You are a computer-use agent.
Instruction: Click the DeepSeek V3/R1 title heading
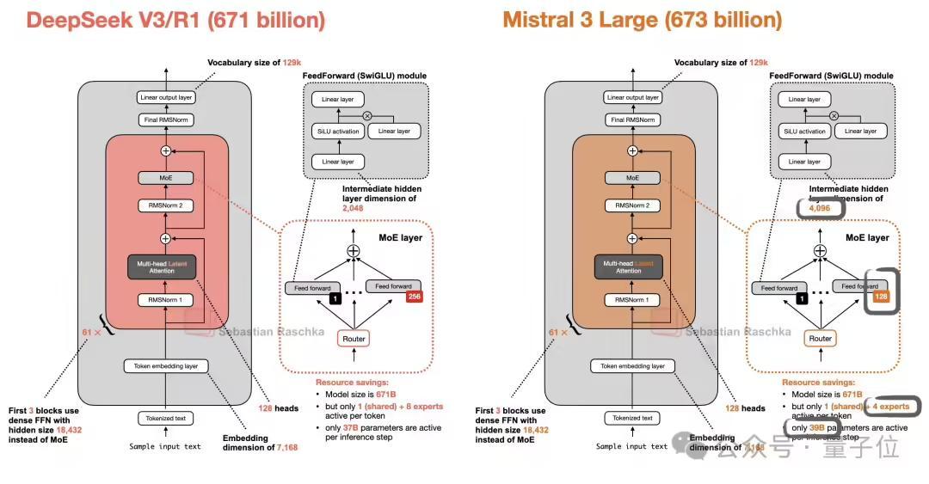[176, 20]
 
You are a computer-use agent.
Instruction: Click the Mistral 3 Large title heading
[643, 20]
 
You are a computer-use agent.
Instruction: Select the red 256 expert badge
[415, 297]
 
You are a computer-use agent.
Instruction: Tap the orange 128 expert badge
[880, 297]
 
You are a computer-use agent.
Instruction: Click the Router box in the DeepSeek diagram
[354, 338]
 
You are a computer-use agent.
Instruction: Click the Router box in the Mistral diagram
[820, 338]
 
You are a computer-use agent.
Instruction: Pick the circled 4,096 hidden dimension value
[814, 209]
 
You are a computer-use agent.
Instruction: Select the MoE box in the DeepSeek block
[166, 178]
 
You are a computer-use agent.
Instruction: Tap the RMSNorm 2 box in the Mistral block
[632, 205]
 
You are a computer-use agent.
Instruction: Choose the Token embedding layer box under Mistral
[632, 365]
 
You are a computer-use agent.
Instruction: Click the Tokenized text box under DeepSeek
[166, 419]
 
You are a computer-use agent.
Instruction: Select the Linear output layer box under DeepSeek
[166, 97]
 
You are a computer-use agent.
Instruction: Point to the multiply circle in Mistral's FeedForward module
[833, 115]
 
